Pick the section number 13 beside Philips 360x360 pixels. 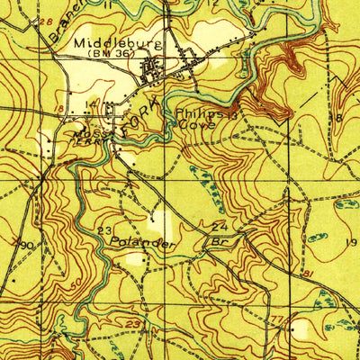(231, 115)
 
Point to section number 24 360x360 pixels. (220, 226)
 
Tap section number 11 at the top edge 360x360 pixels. (109, 4)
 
